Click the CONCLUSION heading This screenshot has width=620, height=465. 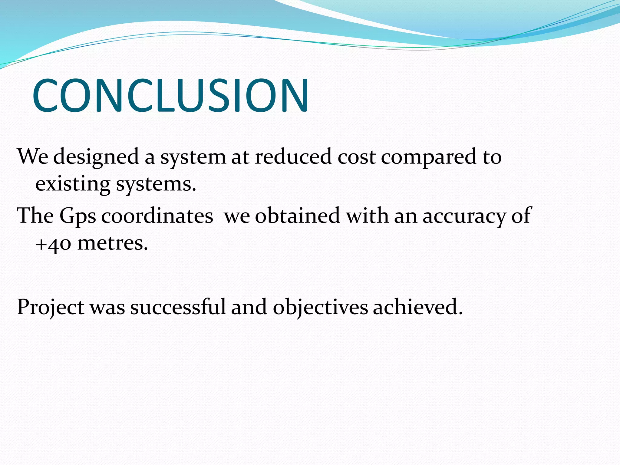pos(170,96)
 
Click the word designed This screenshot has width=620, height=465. pos(96,157)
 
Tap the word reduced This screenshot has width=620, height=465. pos(293,157)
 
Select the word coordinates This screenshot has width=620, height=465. pos(157,216)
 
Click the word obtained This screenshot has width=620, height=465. pos(297,216)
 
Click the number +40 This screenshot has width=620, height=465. pos(53,244)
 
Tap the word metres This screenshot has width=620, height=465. pos(113,243)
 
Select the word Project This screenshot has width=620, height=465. pos(51,308)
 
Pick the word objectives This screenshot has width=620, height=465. pos(320,308)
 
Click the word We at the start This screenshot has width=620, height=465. pos(33,157)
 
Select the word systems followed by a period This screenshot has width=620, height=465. pos(156,185)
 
